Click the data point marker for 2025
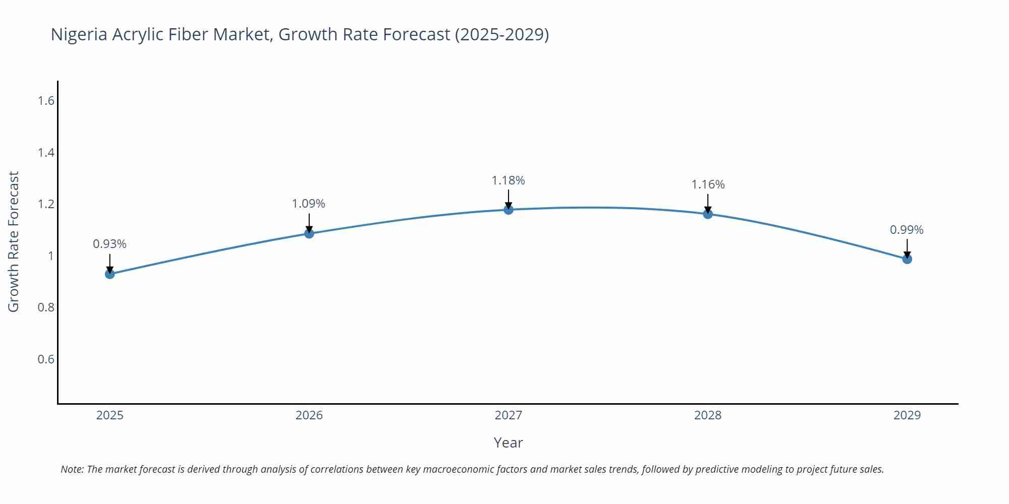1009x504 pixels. (110, 274)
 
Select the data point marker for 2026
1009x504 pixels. (309, 233)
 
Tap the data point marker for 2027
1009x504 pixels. (509, 210)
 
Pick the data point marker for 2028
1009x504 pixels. (708, 214)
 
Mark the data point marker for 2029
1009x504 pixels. (907, 259)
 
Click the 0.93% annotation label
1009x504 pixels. (109, 244)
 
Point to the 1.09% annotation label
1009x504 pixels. (308, 204)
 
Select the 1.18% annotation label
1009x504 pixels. (508, 180)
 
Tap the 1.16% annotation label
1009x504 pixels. (708, 184)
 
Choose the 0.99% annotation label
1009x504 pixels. (907, 230)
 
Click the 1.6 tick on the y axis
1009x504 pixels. (46, 101)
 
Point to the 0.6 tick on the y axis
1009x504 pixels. (46, 359)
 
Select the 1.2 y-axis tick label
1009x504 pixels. (46, 204)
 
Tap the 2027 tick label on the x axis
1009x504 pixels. (509, 415)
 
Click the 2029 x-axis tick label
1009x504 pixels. (907, 415)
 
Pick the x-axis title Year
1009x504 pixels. (508, 443)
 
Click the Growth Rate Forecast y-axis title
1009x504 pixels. (14, 241)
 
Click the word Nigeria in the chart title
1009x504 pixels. (79, 34)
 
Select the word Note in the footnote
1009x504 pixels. (72, 469)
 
